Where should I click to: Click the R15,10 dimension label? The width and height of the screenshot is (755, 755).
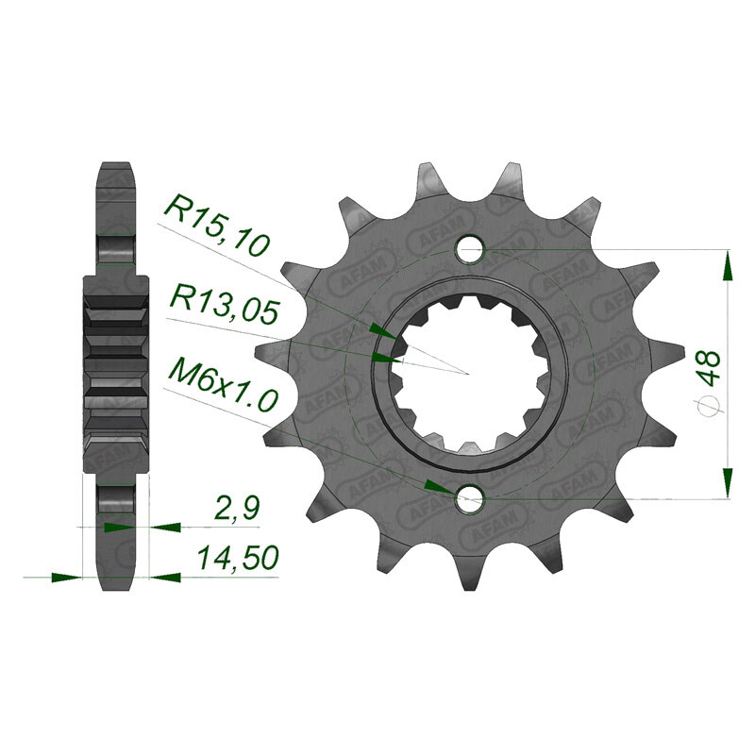(x=217, y=226)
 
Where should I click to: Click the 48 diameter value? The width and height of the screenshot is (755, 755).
(x=710, y=368)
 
